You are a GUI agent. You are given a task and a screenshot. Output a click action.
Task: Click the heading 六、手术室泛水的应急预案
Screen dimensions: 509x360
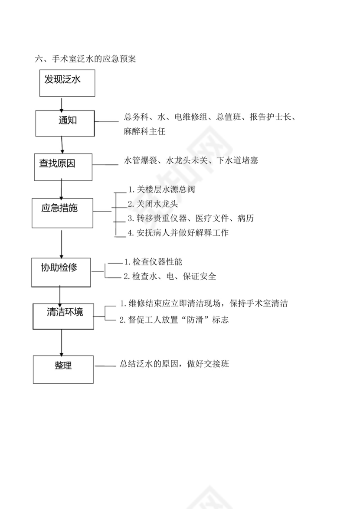pyautogui.click(x=85, y=59)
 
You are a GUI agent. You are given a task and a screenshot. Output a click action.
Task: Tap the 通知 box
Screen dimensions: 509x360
pyautogui.click(x=65, y=123)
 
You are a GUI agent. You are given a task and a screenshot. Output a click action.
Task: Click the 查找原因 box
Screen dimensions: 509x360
pyautogui.click(x=63, y=166)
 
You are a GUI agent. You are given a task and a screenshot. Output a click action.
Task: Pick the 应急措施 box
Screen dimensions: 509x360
pyautogui.click(x=62, y=212)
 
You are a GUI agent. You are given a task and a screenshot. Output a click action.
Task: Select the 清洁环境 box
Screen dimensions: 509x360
pyautogui.click(x=64, y=316)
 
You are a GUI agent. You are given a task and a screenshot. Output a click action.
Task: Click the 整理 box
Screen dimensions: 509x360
pyautogui.click(x=63, y=369)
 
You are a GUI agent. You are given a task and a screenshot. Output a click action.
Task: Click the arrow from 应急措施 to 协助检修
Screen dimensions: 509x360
pyautogui.click(x=62, y=243)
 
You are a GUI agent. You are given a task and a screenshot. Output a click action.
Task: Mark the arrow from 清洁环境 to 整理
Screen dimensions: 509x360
pyautogui.click(x=62, y=342)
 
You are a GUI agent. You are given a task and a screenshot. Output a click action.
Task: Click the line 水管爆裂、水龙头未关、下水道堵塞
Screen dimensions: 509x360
pyautogui.click(x=191, y=161)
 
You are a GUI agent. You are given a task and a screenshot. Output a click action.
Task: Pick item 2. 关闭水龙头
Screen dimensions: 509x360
pyautogui.click(x=153, y=204)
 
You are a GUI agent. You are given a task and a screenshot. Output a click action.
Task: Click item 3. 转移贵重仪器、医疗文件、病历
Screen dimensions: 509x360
pyautogui.click(x=190, y=218)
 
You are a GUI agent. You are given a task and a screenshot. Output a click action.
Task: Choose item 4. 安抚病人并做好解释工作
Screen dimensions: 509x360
pyautogui.click(x=178, y=233)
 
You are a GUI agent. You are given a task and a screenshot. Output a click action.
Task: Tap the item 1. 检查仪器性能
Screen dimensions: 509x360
pyautogui.click(x=153, y=262)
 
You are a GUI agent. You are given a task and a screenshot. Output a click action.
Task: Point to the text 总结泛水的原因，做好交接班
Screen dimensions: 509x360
pyautogui.click(x=174, y=364)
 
